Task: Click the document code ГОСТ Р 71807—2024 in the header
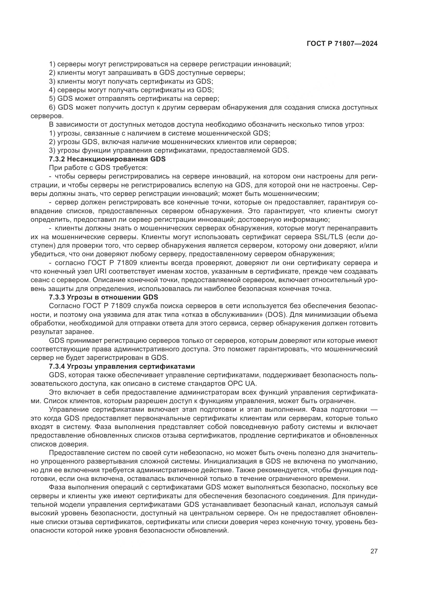[342, 44]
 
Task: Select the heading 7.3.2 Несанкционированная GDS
[107, 159]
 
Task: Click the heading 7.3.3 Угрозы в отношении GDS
[103, 297]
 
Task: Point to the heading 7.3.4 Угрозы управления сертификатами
[122, 366]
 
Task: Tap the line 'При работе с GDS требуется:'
[98, 168]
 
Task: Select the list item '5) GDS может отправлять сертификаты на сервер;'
[134, 99]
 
